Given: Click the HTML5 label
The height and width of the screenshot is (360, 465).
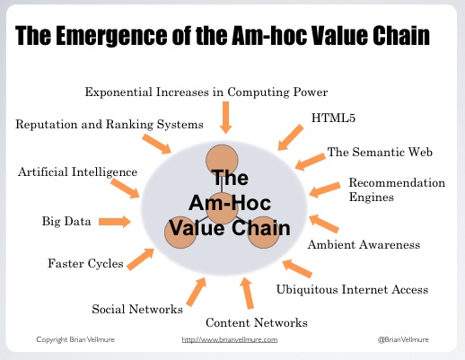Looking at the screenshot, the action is click(x=333, y=118).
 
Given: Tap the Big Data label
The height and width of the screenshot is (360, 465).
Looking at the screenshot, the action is click(x=66, y=222).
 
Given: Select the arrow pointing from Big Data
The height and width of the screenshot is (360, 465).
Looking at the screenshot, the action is click(x=115, y=222).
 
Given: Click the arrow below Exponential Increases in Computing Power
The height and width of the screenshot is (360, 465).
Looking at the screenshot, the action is click(x=225, y=118).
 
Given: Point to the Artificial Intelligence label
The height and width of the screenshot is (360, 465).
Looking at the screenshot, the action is click(x=77, y=172).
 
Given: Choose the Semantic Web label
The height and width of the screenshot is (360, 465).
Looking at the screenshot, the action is click(x=380, y=152).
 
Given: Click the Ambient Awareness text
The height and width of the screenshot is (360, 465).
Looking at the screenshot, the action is click(x=364, y=245).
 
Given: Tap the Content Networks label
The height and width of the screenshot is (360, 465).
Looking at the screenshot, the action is click(x=257, y=322).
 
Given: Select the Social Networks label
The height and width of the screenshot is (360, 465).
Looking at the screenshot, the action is click(x=137, y=309).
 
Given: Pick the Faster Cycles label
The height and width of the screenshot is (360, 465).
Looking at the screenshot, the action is click(x=85, y=264).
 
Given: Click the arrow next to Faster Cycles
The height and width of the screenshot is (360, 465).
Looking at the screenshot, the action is click(x=140, y=259).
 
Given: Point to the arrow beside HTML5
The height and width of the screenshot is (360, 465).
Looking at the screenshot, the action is click(x=291, y=137).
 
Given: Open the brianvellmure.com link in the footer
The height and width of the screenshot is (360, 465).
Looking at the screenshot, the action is click(x=230, y=339).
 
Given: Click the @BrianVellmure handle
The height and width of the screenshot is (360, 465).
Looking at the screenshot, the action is click(x=403, y=339).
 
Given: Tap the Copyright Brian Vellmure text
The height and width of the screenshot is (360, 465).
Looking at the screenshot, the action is click(x=75, y=339).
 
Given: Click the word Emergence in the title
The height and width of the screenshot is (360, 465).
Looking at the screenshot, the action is click(x=111, y=36).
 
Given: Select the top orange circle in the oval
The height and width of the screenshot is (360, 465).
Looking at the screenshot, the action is click(x=222, y=161).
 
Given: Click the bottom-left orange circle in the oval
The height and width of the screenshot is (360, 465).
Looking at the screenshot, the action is click(x=180, y=233).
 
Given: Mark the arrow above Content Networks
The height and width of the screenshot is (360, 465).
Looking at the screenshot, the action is click(x=247, y=293).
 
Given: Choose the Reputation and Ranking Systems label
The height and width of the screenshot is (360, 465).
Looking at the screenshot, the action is click(x=110, y=125).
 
